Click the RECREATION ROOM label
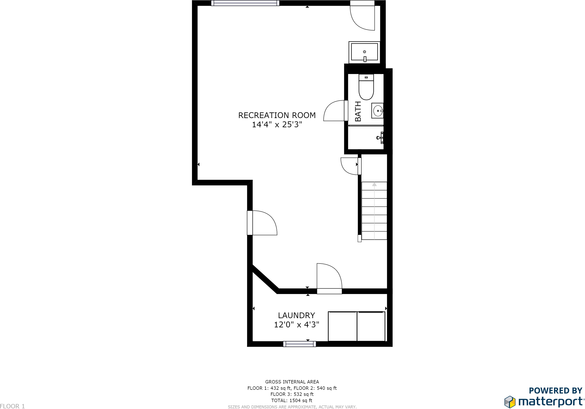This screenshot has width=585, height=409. pyautogui.click(x=277, y=115)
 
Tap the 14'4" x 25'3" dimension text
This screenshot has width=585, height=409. pyautogui.click(x=277, y=125)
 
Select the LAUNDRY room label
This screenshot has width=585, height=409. pyautogui.click(x=296, y=315)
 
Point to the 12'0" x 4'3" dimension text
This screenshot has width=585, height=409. pyautogui.click(x=296, y=325)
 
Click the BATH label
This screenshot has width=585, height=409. pyautogui.click(x=358, y=111)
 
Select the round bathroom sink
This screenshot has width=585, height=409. pyautogui.click(x=378, y=111)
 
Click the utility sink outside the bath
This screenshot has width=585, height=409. pyautogui.click(x=364, y=52)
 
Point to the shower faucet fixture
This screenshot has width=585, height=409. pyautogui.click(x=380, y=138)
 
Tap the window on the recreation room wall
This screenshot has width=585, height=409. pyautogui.click(x=245, y=3)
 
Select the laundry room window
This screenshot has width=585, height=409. pyautogui.click(x=299, y=344)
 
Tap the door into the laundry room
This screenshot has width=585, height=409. pyautogui.click(x=329, y=278)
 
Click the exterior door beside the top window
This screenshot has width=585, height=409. pyautogui.click(x=362, y=17)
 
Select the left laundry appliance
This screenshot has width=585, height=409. pyautogui.click(x=342, y=326)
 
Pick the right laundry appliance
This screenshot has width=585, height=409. pyautogui.click(x=371, y=326)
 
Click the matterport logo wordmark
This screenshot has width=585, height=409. pyautogui.click(x=550, y=402)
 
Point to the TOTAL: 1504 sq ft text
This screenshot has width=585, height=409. pyautogui.click(x=292, y=400)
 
